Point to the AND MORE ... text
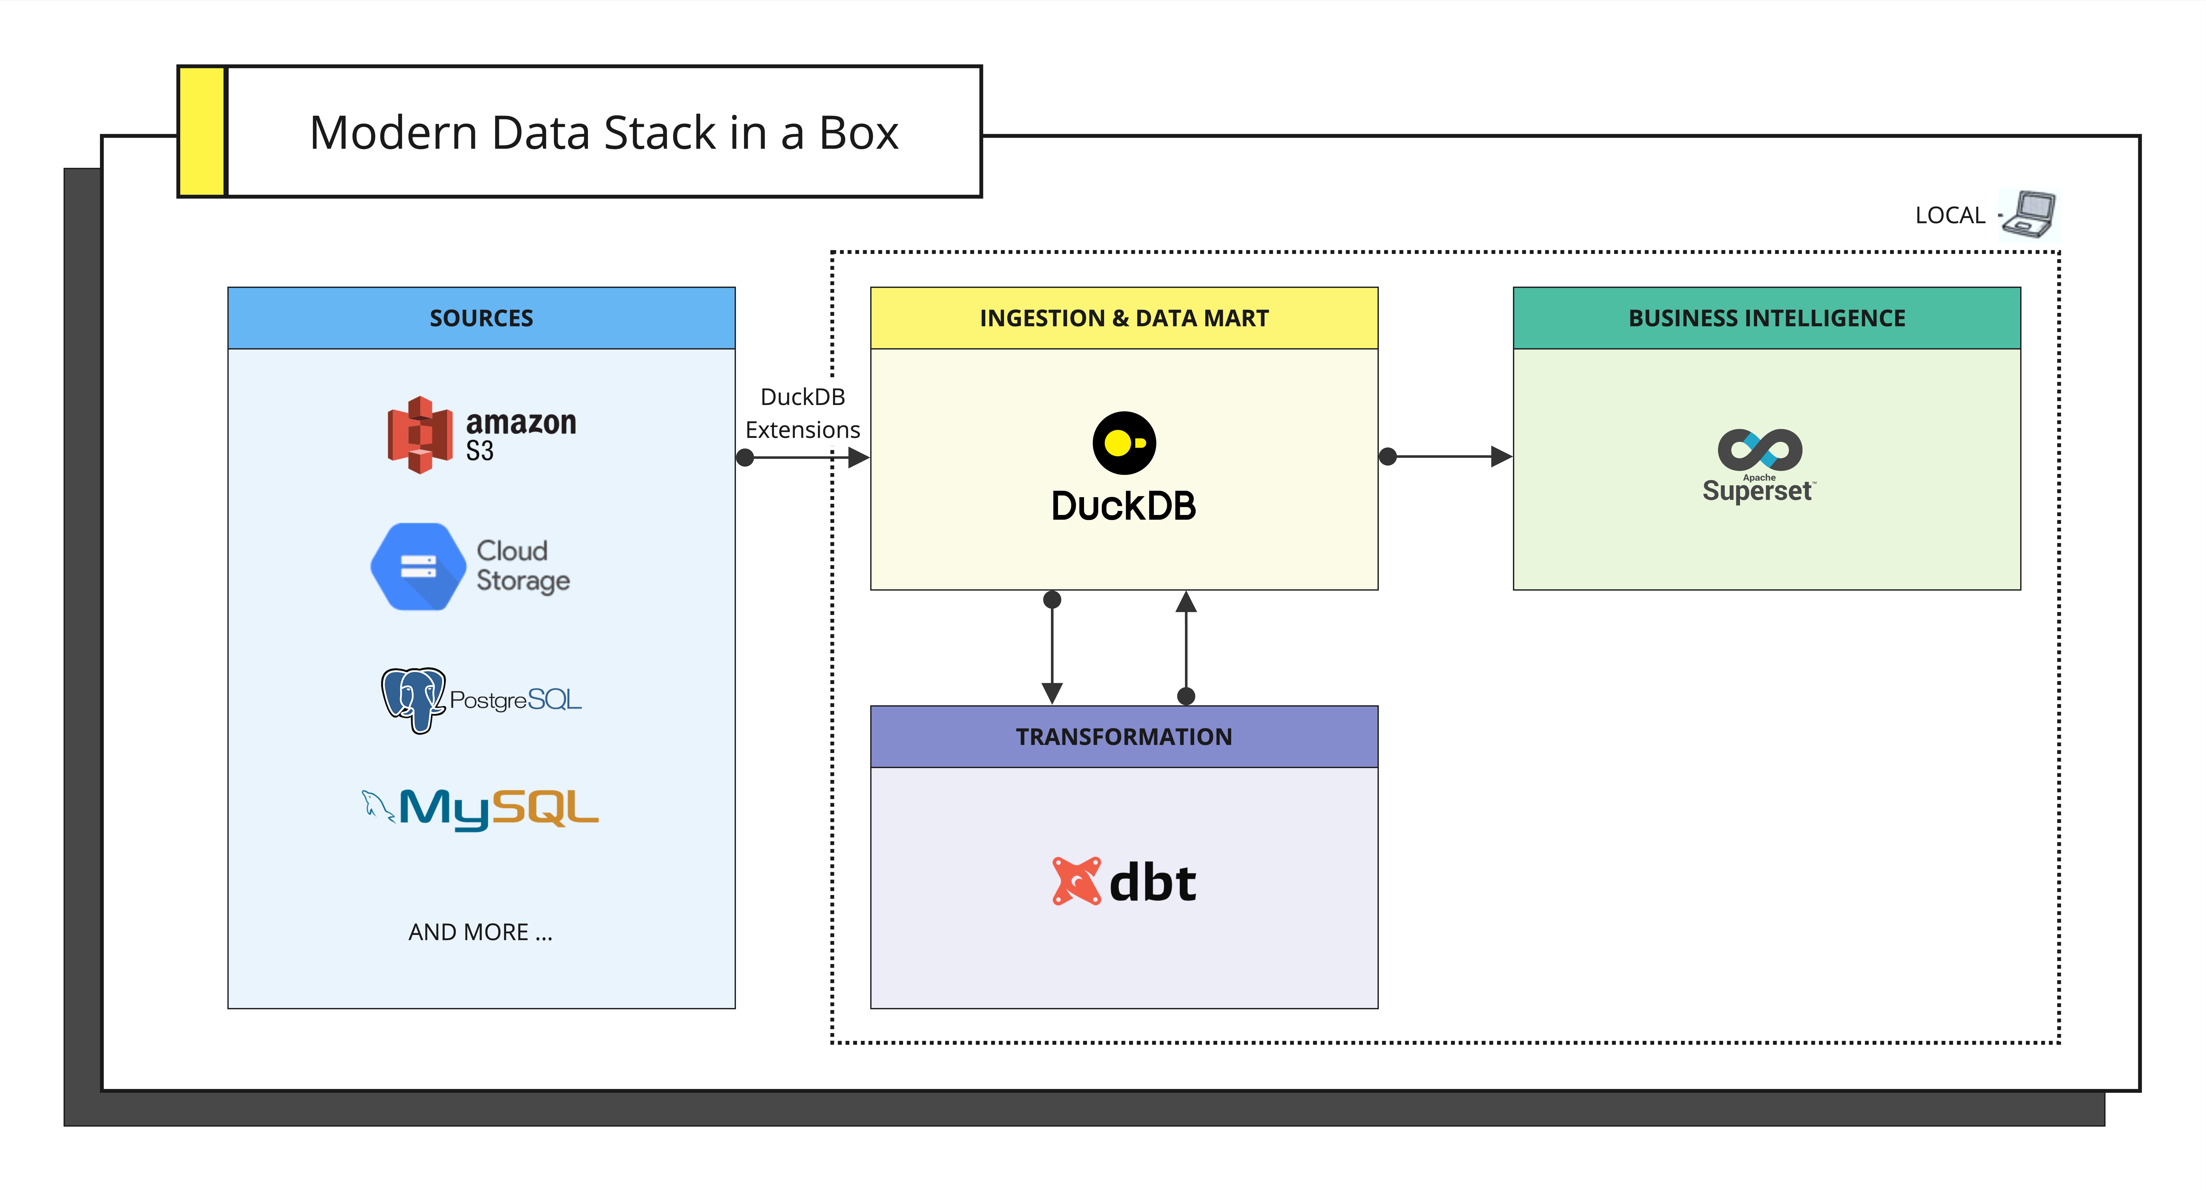(480, 932)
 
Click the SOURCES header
(481, 318)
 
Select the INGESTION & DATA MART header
(1124, 318)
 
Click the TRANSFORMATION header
(1124, 737)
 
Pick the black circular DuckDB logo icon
(1124, 443)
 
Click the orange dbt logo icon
(1076, 881)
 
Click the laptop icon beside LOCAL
(2031, 213)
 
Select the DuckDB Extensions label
(802, 413)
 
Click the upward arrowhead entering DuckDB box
(1186, 602)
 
